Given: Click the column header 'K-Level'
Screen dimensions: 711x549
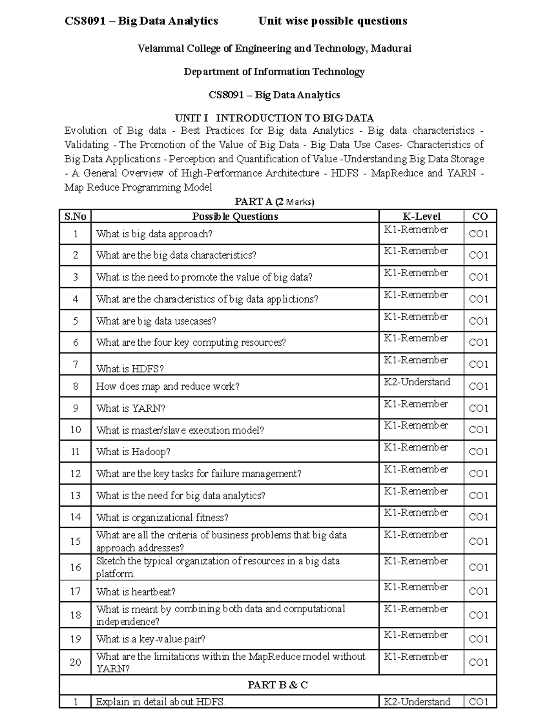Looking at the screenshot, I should [421, 216].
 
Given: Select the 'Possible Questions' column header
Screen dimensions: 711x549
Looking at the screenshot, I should [235, 216].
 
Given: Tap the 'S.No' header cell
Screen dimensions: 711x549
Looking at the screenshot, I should [75, 216].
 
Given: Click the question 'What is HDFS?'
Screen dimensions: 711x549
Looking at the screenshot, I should [130, 369].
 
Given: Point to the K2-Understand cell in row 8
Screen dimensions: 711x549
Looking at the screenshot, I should [417, 382].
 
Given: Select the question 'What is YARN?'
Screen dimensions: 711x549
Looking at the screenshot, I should [130, 408].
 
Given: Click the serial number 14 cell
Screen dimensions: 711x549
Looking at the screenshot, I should [75, 517].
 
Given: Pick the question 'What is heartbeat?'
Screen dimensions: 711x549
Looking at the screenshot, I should [136, 592].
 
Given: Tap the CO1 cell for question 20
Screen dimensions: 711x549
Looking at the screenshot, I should [479, 662].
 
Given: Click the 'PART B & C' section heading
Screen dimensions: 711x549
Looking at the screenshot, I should [278, 685].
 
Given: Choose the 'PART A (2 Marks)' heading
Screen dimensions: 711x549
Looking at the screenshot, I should [274, 201].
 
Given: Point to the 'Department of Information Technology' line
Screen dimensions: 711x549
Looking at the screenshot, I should [274, 72].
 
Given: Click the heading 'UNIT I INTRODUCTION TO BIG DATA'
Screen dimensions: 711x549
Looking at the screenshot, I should [274, 118].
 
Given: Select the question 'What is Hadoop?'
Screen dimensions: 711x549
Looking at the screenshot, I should [133, 451].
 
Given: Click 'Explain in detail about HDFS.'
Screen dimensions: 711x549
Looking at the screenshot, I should [161, 701].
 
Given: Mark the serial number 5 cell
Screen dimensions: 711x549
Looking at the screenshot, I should [75, 321].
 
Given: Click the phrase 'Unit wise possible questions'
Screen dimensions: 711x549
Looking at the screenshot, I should [333, 21].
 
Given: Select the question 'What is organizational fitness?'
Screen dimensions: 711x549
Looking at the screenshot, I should [162, 517].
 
